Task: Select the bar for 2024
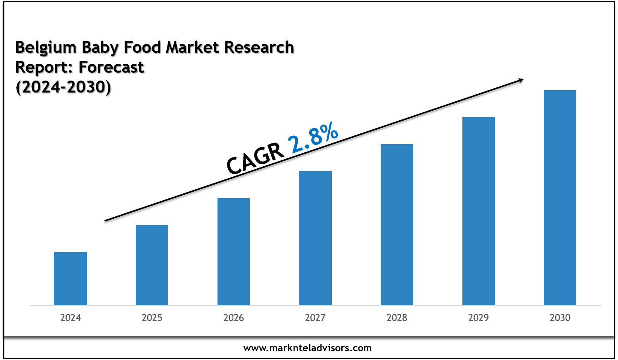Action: pos(70,278)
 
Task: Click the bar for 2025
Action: pos(152,265)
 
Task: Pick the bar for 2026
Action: pos(234,251)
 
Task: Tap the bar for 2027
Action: pos(315,238)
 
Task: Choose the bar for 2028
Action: pos(397,224)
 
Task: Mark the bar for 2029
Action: pos(479,211)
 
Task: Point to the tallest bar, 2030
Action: pos(560,197)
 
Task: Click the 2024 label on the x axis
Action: pos(70,318)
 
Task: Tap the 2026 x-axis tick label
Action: pos(234,318)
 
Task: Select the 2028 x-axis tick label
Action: pos(397,318)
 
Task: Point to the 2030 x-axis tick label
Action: pos(560,318)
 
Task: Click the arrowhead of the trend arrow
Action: pos(520,80)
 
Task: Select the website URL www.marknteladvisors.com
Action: pos(308,348)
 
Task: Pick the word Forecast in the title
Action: pos(112,67)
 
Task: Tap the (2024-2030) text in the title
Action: pos(63,87)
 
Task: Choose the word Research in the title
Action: pos(259,47)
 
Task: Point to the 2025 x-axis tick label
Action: pos(152,318)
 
